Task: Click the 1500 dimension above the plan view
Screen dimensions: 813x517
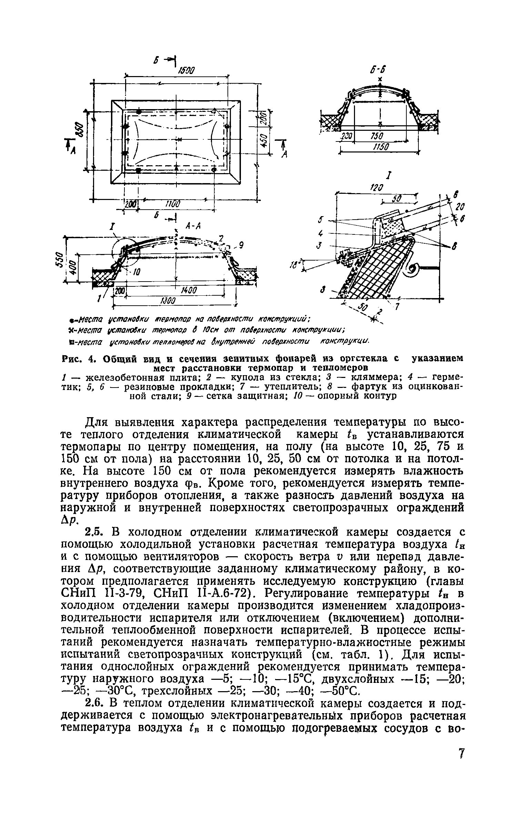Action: (x=186, y=70)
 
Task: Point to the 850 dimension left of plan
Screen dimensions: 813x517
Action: (x=79, y=130)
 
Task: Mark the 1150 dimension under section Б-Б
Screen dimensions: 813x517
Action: (x=381, y=147)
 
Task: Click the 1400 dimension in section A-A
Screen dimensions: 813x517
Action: (x=188, y=291)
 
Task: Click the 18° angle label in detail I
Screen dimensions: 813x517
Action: (x=294, y=264)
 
